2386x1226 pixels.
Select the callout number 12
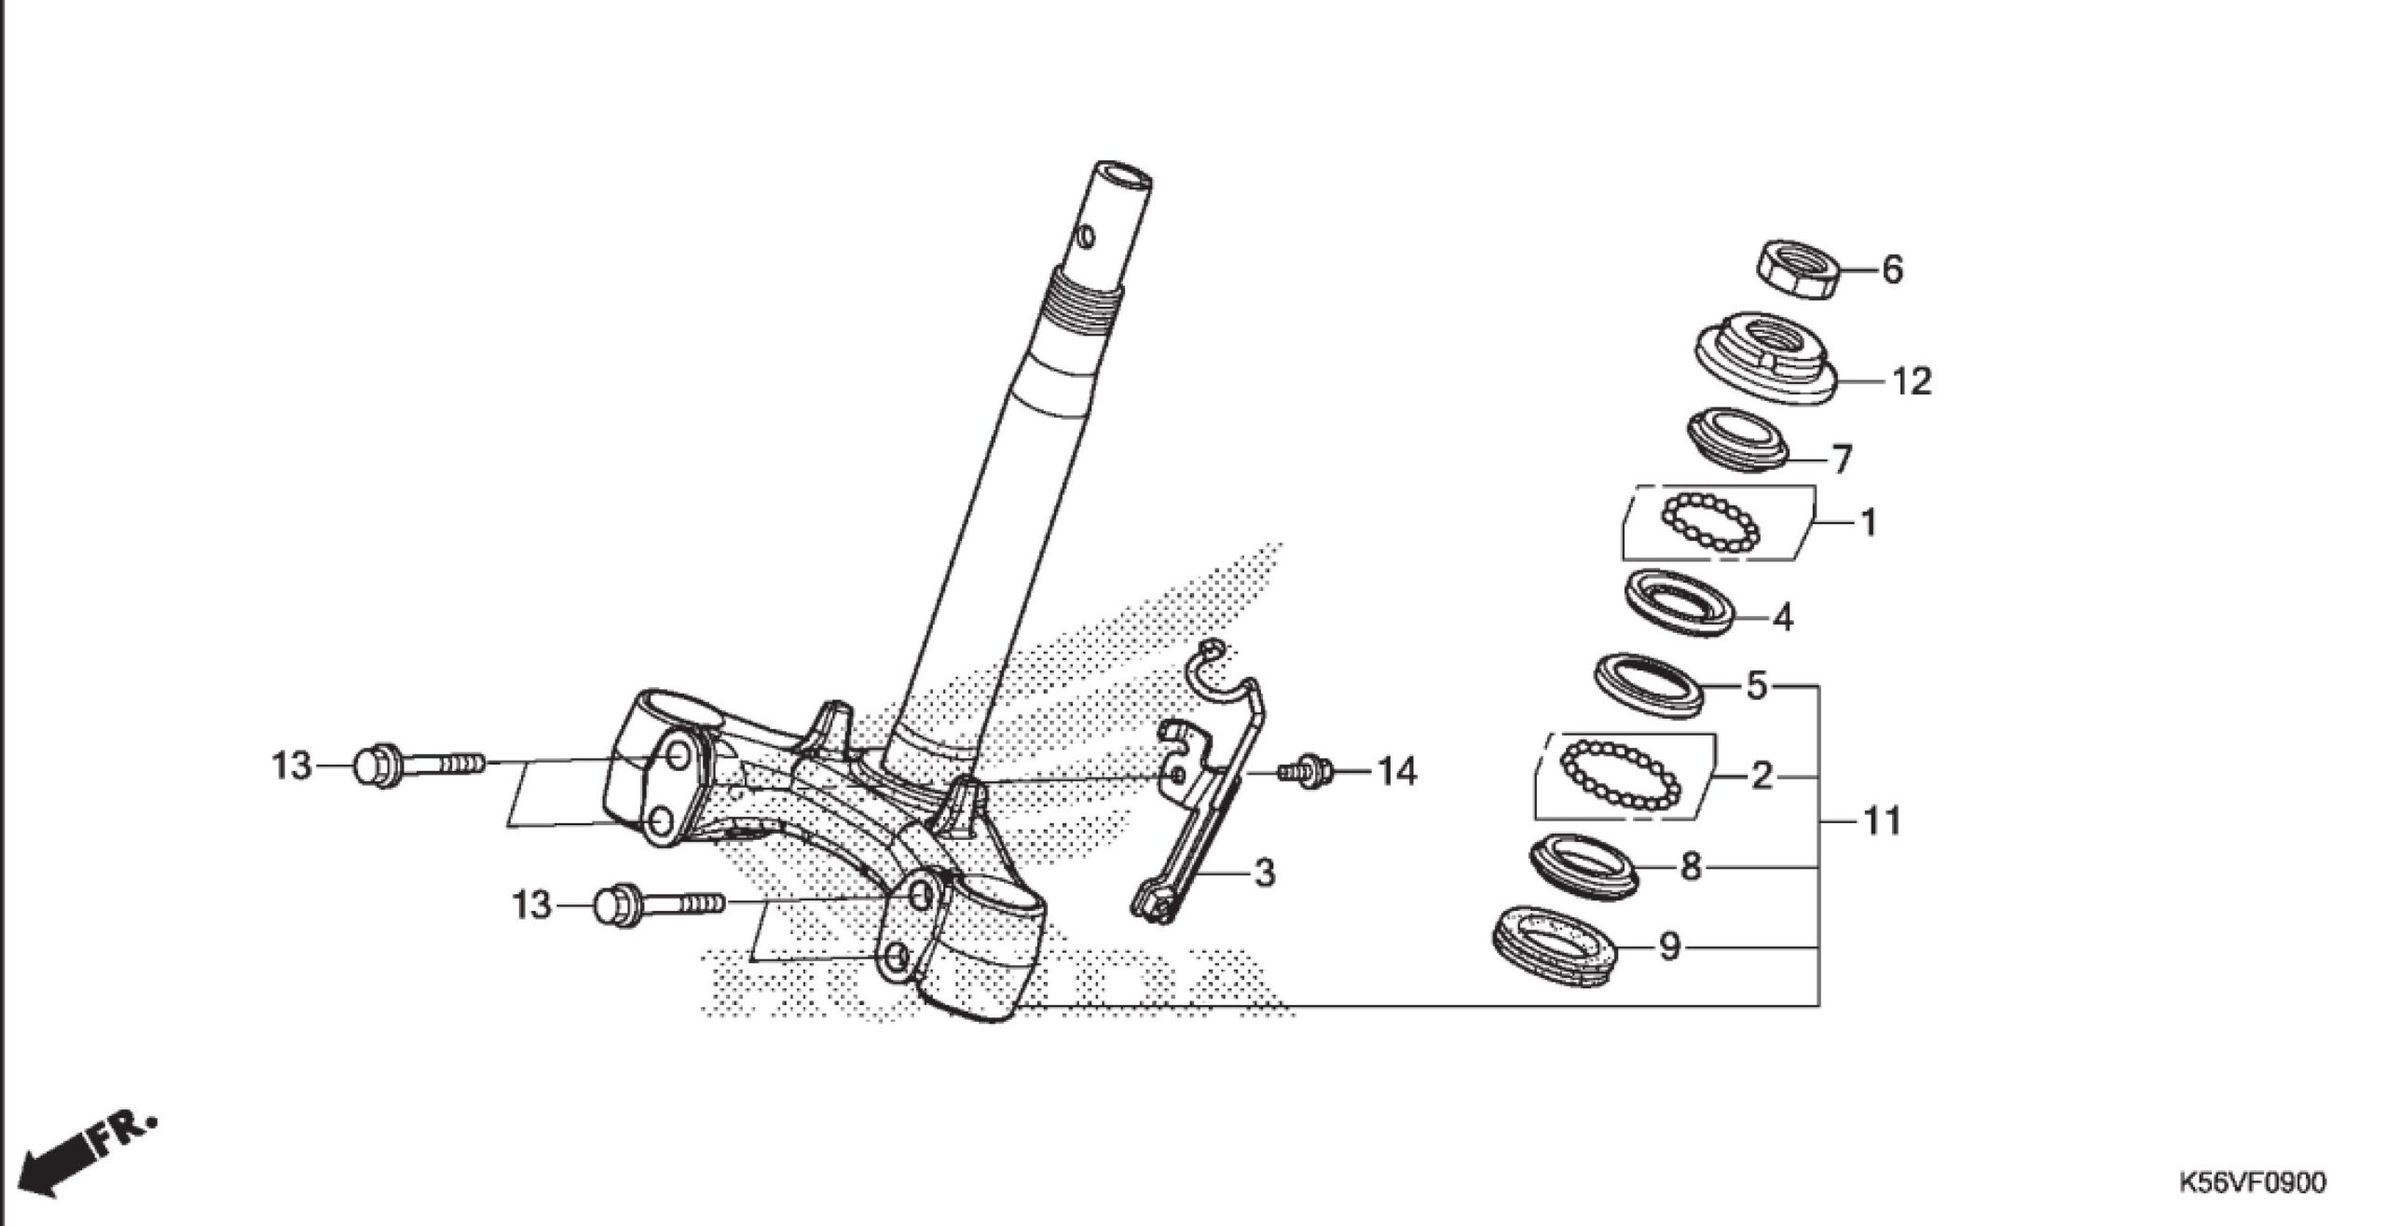tap(1911, 381)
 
